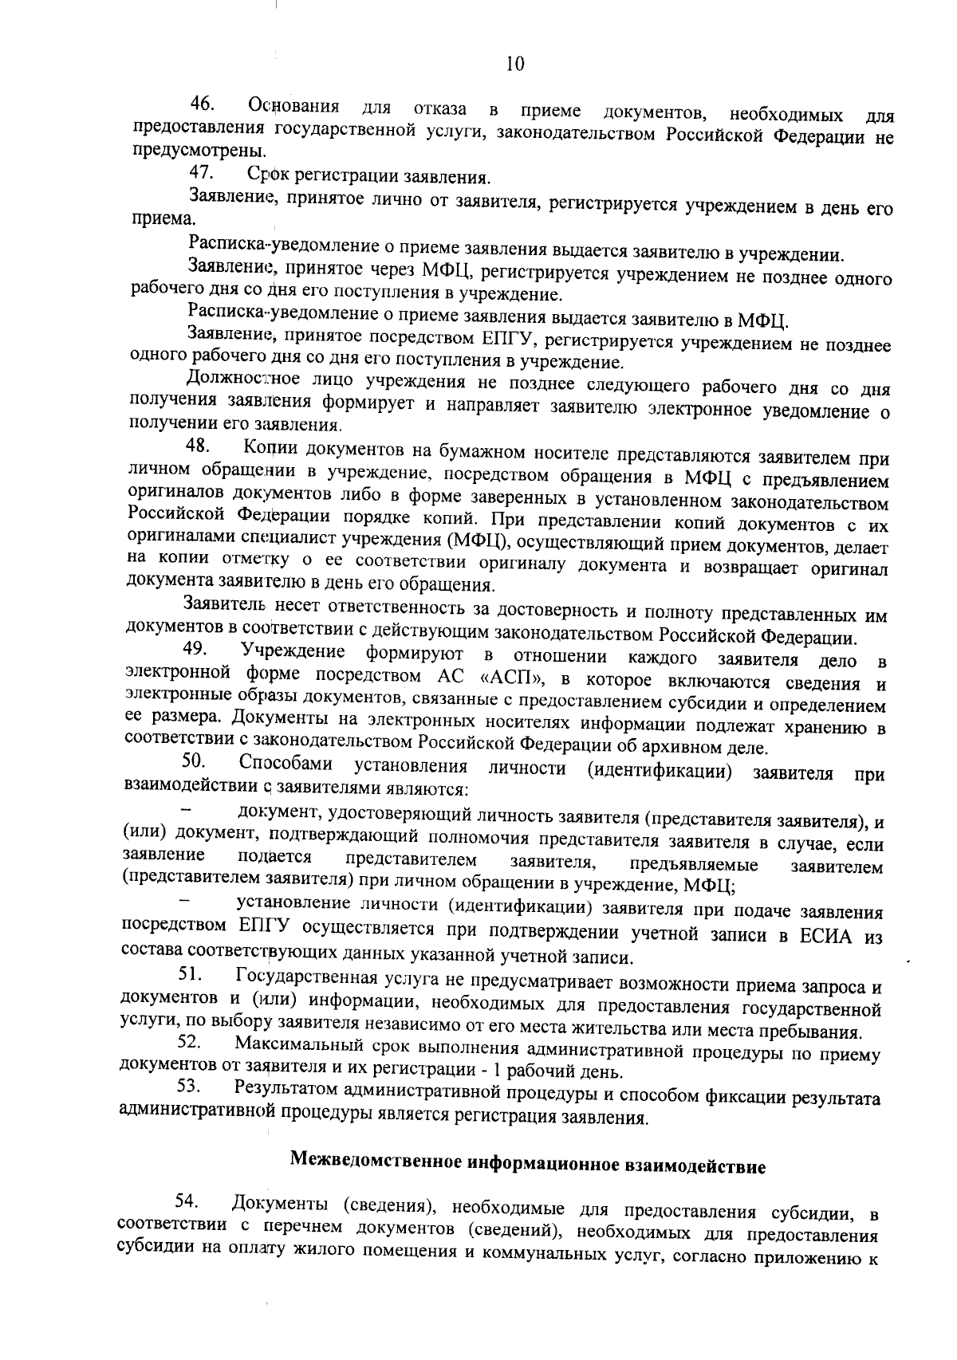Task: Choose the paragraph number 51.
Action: tap(191, 973)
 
